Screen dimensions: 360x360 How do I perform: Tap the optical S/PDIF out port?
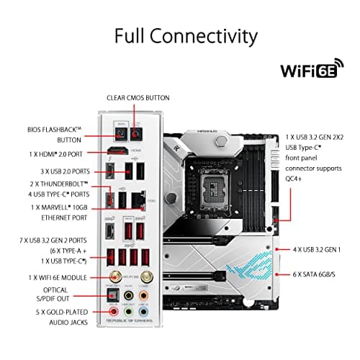click(x=112, y=294)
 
